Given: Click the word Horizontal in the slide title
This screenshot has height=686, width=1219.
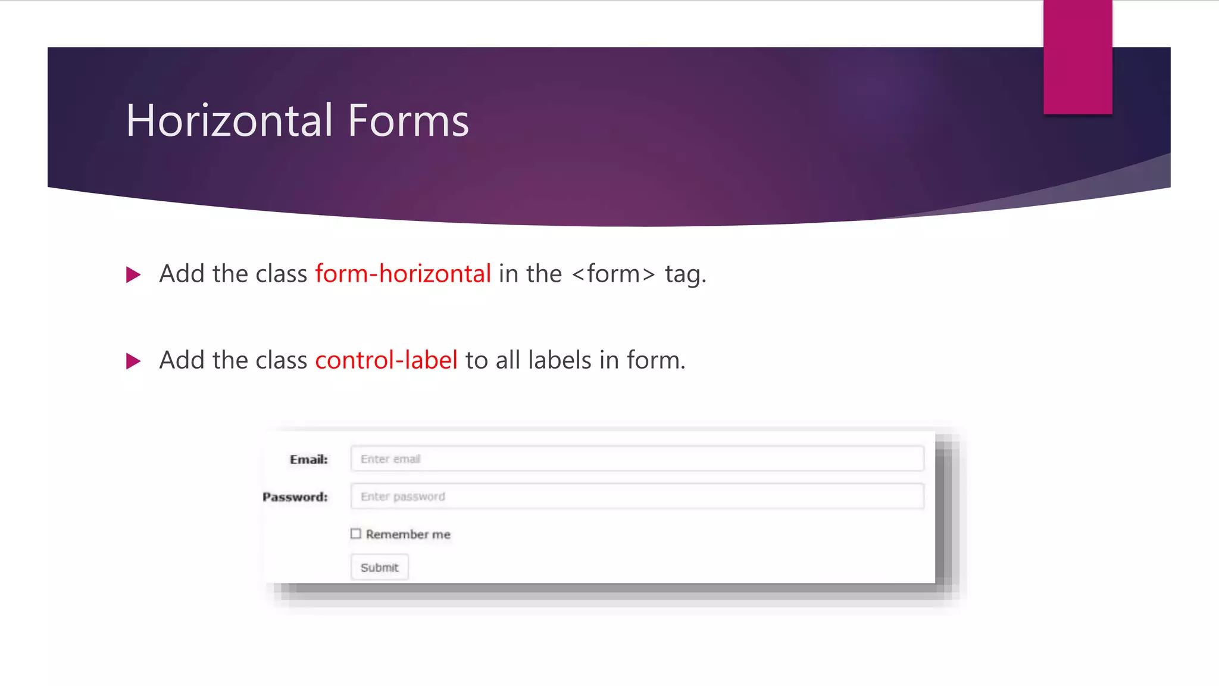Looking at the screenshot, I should [x=229, y=120].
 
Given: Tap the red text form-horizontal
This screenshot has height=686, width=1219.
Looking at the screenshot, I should [x=403, y=274].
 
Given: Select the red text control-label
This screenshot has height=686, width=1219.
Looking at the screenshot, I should [x=386, y=360].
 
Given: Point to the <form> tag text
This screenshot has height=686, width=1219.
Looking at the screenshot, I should [x=613, y=274].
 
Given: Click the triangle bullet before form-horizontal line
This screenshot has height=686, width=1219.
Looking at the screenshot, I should [x=133, y=275].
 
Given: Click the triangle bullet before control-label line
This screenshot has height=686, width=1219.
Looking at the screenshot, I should [x=133, y=361].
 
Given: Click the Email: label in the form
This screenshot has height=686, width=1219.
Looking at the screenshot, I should [x=308, y=459].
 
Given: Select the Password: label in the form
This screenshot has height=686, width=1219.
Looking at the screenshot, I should [x=295, y=497].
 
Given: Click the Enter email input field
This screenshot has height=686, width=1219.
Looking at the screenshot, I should [x=637, y=459].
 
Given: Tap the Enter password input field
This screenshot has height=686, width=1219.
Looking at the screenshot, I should [x=637, y=496].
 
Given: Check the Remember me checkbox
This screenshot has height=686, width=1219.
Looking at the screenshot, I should [x=356, y=534].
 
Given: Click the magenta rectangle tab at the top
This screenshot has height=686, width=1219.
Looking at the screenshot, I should [x=1077, y=57].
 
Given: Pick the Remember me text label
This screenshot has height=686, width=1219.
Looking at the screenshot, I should [x=408, y=534].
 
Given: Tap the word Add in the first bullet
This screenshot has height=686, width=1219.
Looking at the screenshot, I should [x=182, y=274].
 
